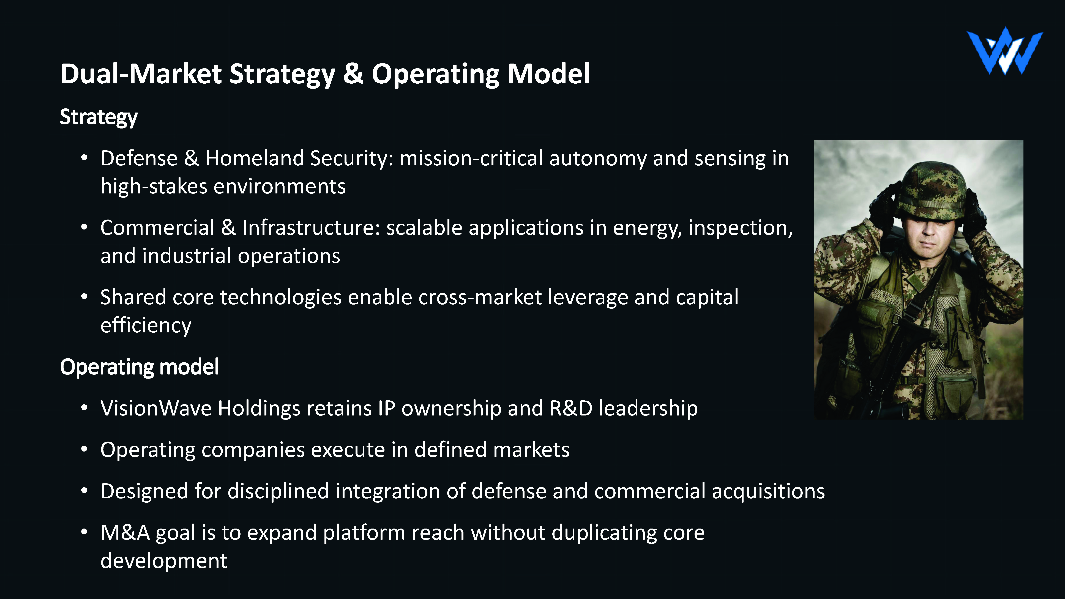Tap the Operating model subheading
(139, 367)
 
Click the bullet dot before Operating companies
(84, 449)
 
